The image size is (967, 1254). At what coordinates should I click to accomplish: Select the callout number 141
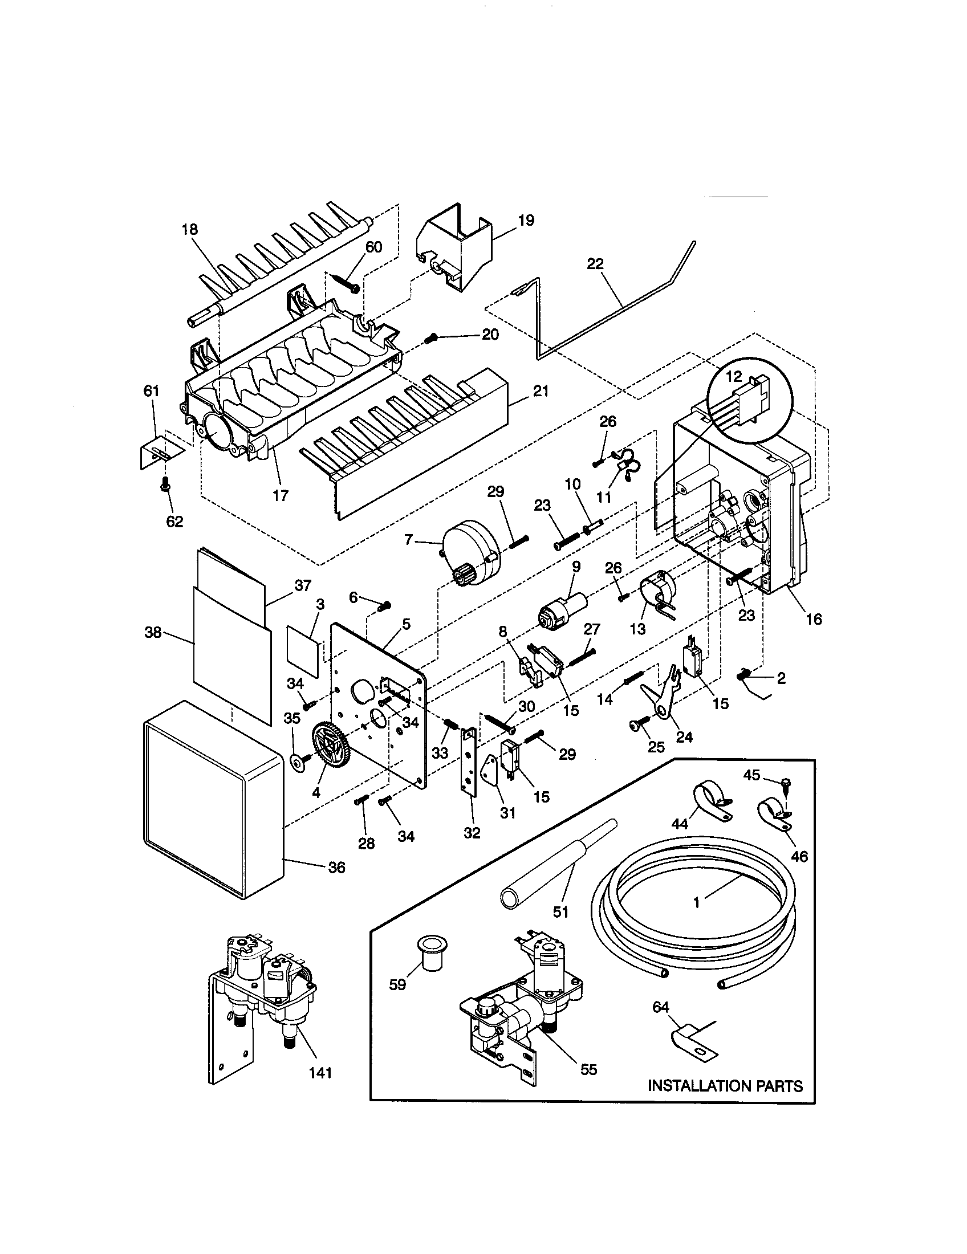pos(320,1072)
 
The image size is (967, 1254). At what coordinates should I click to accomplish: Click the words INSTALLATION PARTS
pos(725,1086)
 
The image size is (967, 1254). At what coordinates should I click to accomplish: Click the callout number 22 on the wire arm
pos(595,263)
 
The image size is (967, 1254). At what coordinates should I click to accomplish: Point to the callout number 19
pos(526,220)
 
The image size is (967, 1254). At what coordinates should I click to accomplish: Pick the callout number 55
pos(588,1069)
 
